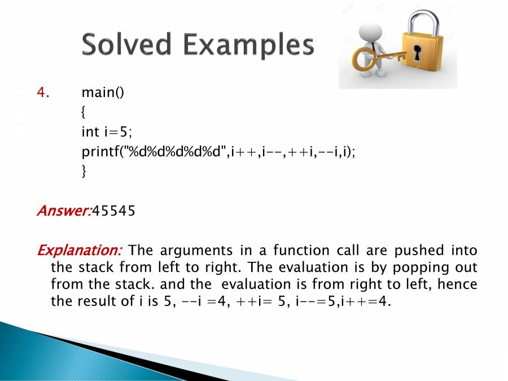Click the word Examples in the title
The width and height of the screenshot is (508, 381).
click(249, 46)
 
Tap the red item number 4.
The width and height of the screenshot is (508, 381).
click(43, 93)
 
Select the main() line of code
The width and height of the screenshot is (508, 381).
click(103, 93)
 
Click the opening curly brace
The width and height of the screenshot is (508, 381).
click(84, 112)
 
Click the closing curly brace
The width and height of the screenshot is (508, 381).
click(84, 170)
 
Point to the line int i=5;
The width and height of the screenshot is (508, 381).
click(107, 132)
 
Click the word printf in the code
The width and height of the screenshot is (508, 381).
click(100, 151)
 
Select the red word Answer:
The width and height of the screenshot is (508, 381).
click(64, 211)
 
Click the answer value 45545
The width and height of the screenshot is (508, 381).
click(113, 211)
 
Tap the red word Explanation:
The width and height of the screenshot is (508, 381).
click(80, 251)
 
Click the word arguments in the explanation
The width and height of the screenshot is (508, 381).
click(196, 251)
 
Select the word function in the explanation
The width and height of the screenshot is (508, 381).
click(301, 251)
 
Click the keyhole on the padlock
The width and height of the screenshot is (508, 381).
click(417, 53)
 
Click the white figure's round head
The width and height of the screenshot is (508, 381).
click(370, 32)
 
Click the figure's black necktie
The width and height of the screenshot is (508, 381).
click(375, 49)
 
